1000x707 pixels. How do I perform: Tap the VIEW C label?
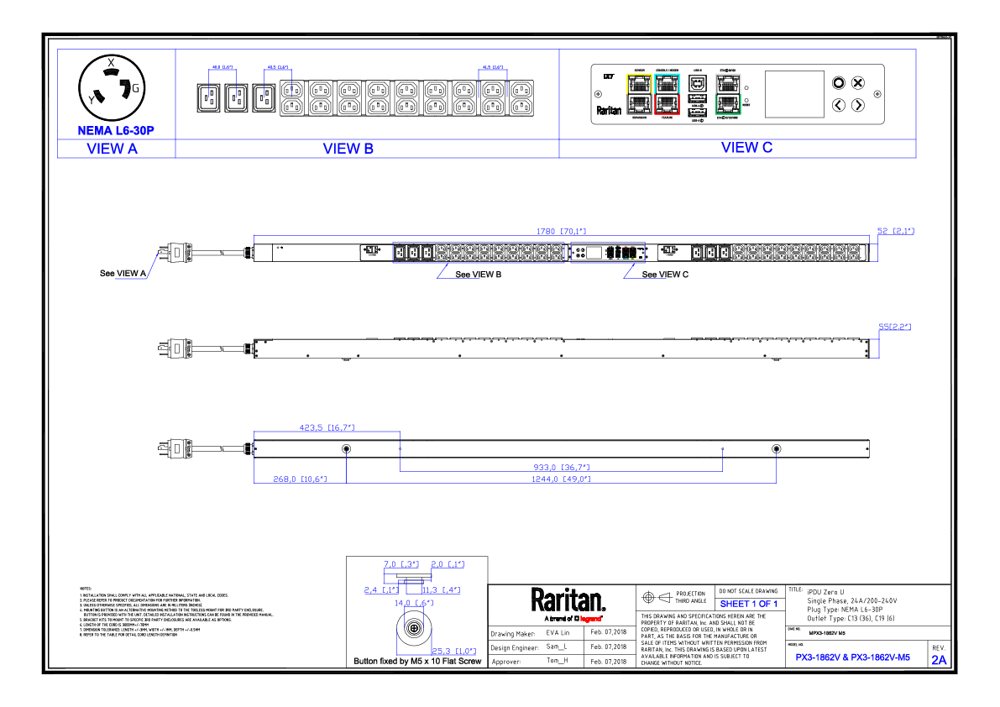(x=746, y=148)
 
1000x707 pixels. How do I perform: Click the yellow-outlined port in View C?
(x=639, y=83)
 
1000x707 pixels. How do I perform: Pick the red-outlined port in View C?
(x=668, y=103)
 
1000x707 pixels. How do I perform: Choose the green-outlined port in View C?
(x=727, y=104)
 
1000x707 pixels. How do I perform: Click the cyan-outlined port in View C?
(x=668, y=83)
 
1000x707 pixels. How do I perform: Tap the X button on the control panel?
(x=857, y=82)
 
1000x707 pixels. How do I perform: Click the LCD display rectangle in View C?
(x=794, y=93)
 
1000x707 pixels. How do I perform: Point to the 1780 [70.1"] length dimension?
(x=562, y=230)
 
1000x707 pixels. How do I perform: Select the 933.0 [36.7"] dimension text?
(x=562, y=467)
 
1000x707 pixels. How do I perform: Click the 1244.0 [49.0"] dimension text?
(x=562, y=479)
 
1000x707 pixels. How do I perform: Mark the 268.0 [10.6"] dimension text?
(x=300, y=479)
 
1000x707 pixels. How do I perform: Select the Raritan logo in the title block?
(x=568, y=600)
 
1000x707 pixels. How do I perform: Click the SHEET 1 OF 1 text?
(x=748, y=604)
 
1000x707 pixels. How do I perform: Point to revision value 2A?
(x=938, y=660)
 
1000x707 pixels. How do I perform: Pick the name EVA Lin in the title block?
(x=558, y=633)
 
